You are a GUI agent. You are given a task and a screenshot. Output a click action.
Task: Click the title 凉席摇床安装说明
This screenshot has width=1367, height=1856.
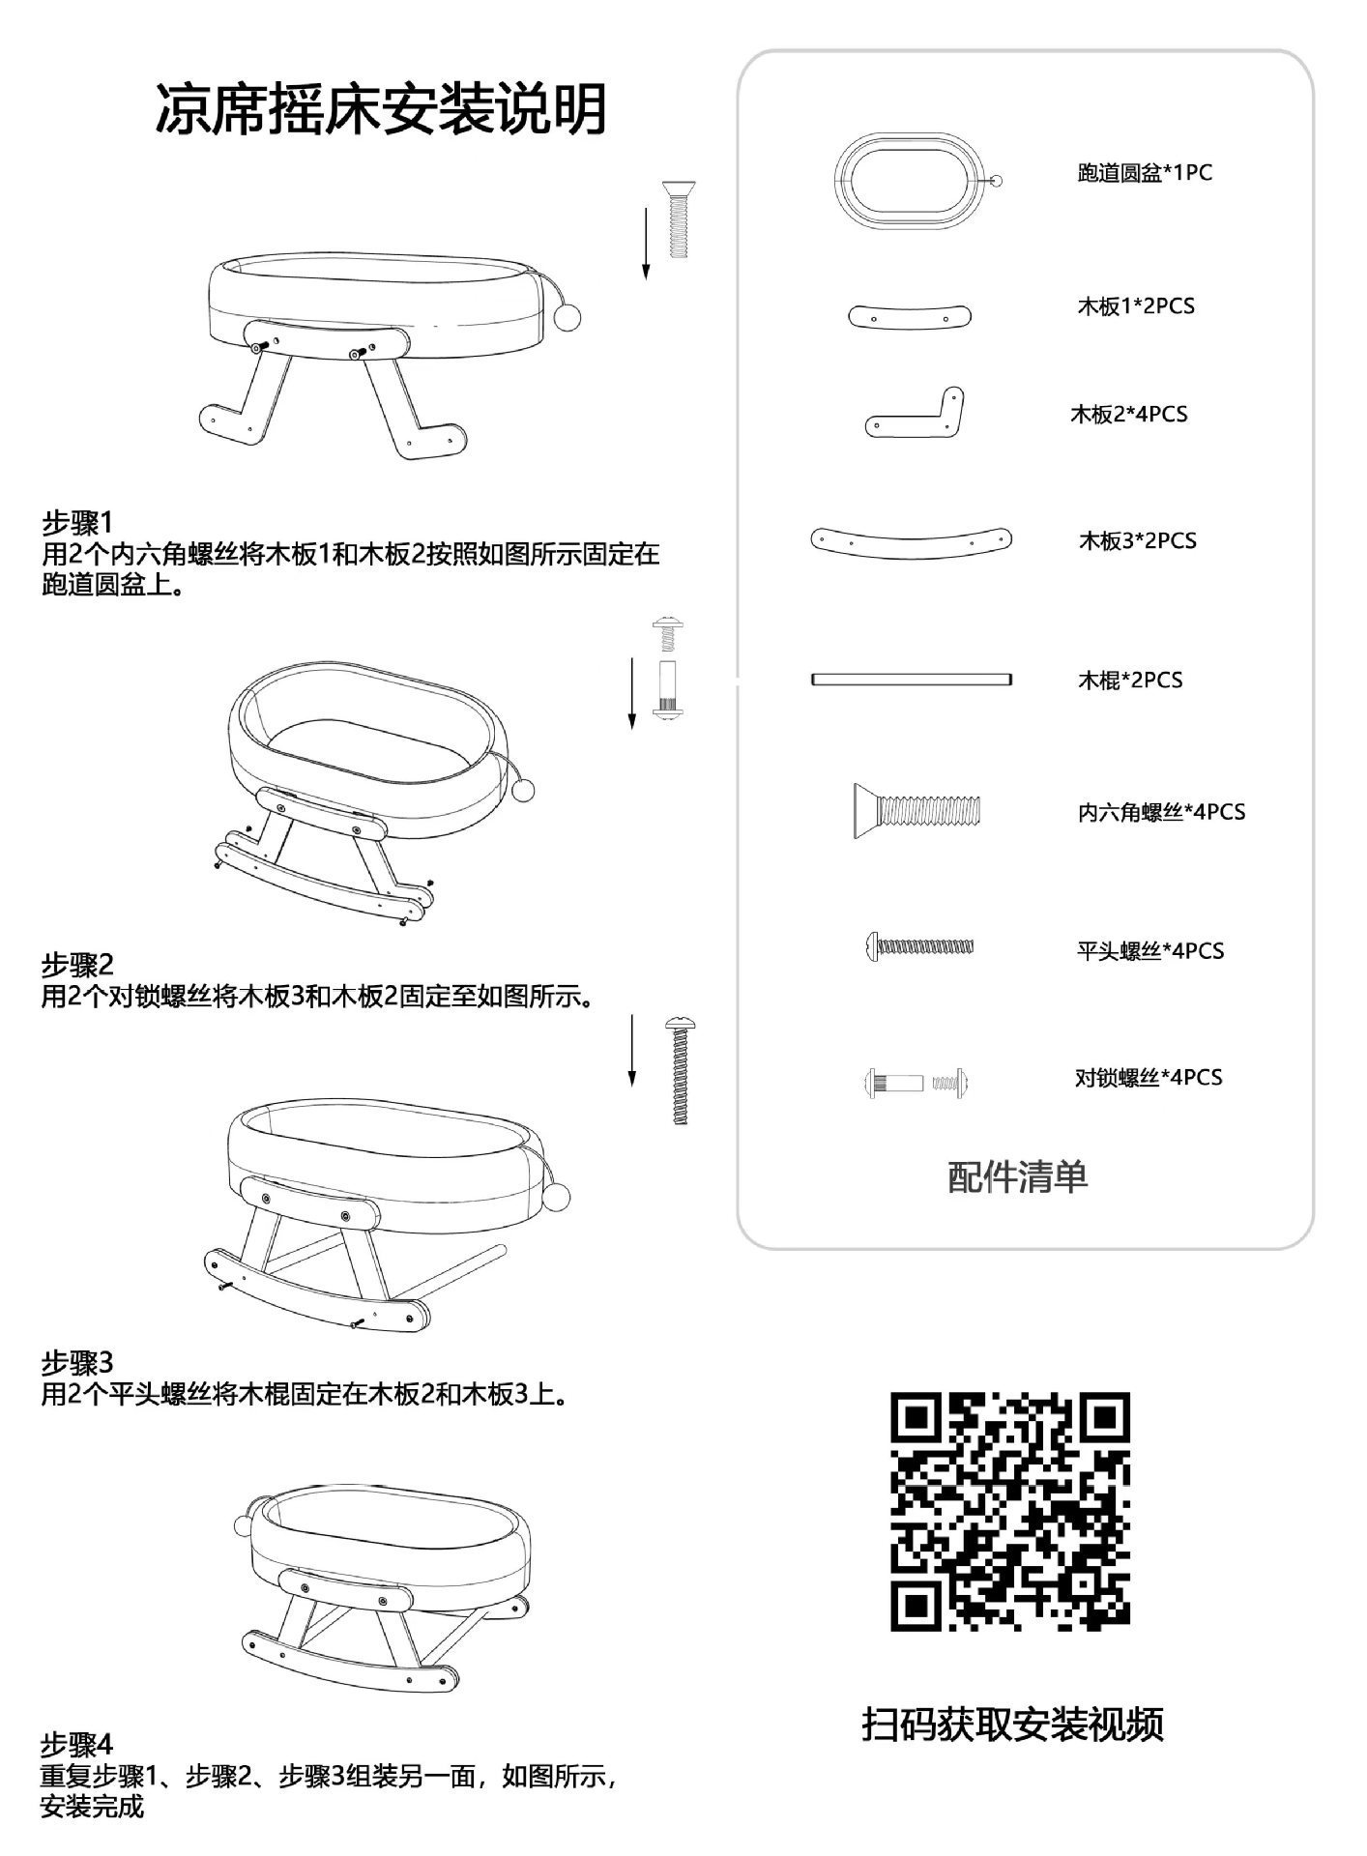(x=381, y=108)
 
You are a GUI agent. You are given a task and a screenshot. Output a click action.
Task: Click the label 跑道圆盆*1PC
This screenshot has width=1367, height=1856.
(x=1144, y=173)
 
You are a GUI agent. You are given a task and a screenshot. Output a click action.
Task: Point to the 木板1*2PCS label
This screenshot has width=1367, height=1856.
(x=1136, y=306)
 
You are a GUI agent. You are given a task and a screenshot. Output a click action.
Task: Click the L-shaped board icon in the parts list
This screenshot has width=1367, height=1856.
(x=916, y=414)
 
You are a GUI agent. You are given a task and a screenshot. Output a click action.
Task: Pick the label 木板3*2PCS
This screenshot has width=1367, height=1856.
(x=1137, y=540)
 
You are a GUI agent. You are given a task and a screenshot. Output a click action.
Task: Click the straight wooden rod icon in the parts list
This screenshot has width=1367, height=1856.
(x=912, y=680)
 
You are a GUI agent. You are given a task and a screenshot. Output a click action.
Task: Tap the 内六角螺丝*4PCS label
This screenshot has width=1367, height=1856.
(x=1161, y=812)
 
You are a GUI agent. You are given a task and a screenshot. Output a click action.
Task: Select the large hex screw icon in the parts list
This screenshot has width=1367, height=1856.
(x=916, y=810)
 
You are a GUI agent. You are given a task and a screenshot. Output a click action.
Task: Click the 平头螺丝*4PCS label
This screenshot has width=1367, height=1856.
(x=1150, y=951)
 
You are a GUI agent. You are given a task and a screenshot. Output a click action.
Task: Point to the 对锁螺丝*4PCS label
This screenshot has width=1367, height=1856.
(x=1149, y=1077)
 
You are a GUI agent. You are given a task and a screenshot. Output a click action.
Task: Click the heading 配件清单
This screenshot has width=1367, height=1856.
(x=1018, y=1177)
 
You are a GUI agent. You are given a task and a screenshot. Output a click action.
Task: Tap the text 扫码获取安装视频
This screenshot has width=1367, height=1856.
(x=1012, y=1723)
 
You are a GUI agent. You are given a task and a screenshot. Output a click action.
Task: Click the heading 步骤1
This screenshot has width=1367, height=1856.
(x=77, y=523)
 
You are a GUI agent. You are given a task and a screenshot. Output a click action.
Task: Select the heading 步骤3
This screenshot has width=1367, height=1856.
(x=77, y=1363)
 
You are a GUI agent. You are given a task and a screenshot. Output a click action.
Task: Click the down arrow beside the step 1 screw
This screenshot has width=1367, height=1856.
(x=646, y=242)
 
